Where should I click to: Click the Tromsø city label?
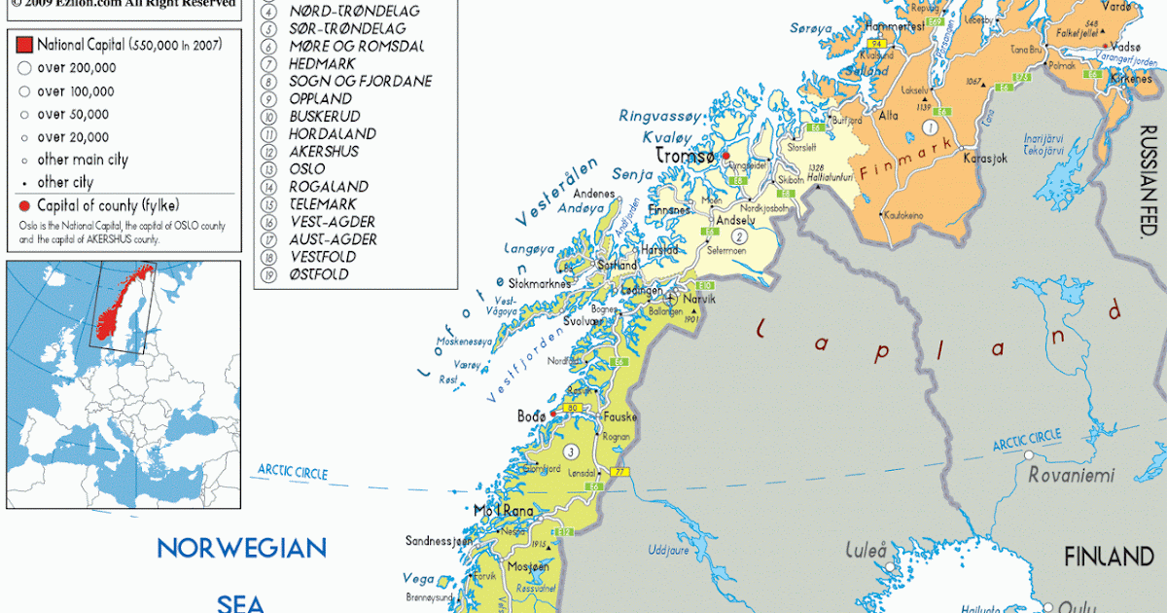(686, 156)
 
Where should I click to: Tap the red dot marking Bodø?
(552, 415)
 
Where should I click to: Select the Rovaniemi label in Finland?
(1072, 476)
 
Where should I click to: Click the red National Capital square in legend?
(24, 44)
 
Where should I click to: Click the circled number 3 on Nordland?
(571, 451)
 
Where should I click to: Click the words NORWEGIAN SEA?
(241, 574)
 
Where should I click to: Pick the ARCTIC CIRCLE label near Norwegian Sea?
(292, 473)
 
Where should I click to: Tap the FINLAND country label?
(1108, 558)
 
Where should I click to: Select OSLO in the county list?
(306, 169)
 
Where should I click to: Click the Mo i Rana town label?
(504, 511)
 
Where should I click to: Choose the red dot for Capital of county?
(24, 205)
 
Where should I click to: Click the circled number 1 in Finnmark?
(931, 127)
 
